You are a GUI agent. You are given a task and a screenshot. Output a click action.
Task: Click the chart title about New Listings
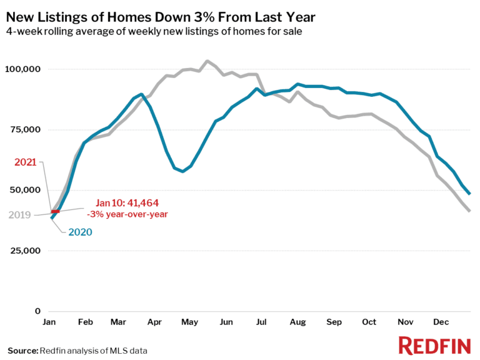pyautogui.click(x=161, y=17)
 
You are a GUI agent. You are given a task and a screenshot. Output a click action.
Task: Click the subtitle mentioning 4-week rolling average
pyautogui.click(x=155, y=32)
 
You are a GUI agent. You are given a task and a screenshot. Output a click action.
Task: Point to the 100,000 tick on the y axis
pyautogui.click(x=23, y=69)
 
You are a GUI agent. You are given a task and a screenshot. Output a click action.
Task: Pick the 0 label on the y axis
pyautogui.click(x=37, y=311)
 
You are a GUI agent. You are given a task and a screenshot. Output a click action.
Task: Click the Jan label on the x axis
pyautogui.click(x=50, y=322)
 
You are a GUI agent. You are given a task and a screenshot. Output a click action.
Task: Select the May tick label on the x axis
pyautogui.click(x=190, y=322)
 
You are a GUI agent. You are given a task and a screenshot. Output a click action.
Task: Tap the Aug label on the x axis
pyautogui.click(x=297, y=322)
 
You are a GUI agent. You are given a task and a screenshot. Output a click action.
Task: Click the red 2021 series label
pyautogui.click(x=26, y=162)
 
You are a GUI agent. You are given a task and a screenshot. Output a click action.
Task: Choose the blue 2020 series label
pyautogui.click(x=79, y=232)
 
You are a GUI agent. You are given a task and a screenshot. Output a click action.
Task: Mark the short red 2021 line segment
pyautogui.click(x=55, y=212)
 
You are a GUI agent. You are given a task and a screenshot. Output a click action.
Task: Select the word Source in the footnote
pyautogui.click(x=22, y=350)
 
